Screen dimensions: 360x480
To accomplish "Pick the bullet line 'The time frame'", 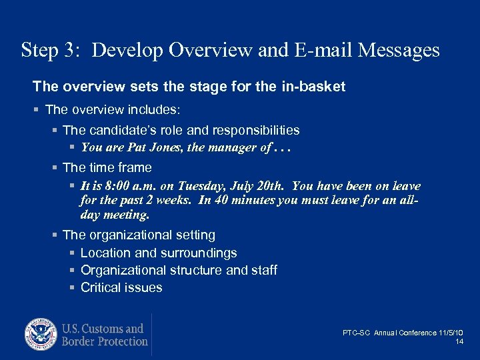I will click(107, 167).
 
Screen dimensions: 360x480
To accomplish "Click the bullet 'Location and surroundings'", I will click(159, 253).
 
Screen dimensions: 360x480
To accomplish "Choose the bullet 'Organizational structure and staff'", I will click(179, 270).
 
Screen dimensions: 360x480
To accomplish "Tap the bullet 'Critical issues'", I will click(121, 287).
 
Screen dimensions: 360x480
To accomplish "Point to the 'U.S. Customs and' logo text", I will click(103, 329).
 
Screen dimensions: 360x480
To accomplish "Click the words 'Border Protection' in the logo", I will click(105, 341).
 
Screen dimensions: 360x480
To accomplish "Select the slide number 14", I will click(459, 341).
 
